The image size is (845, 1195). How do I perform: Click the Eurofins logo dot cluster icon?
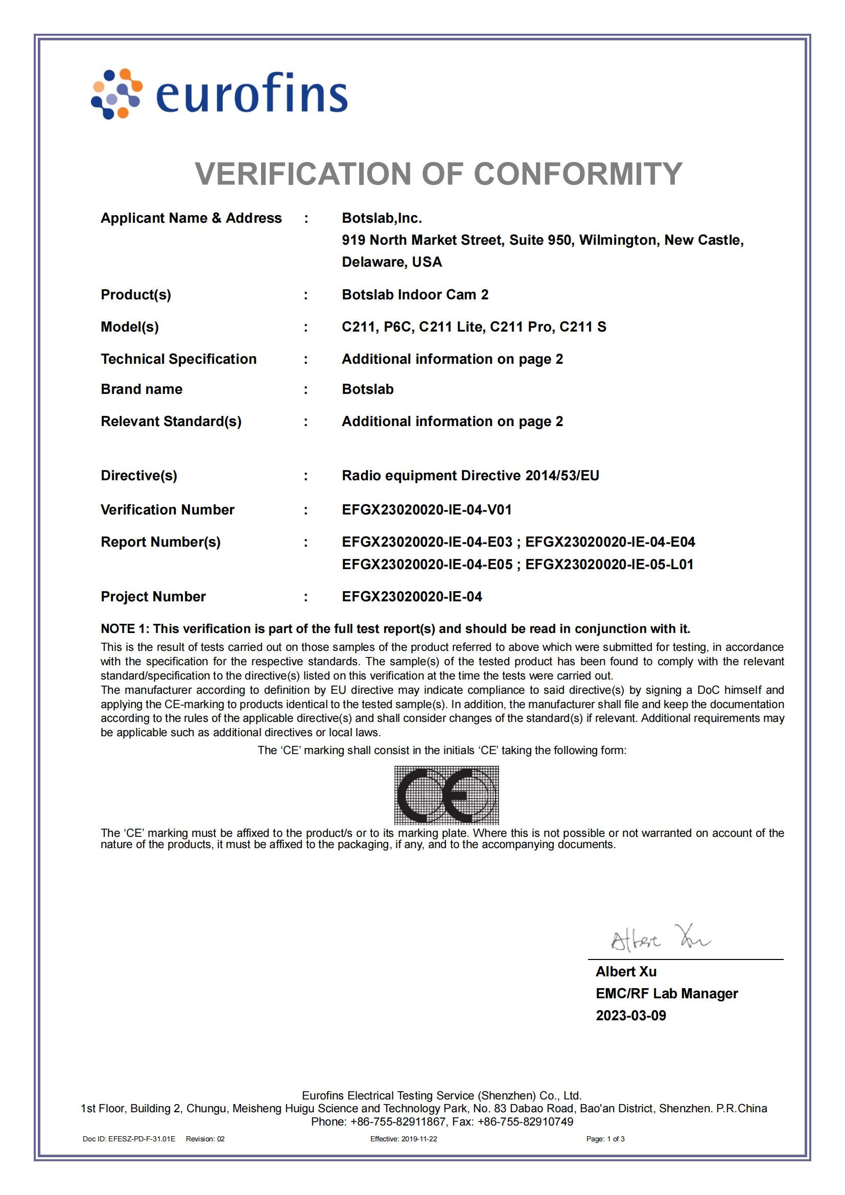click(116, 94)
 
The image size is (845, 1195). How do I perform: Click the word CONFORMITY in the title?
click(578, 173)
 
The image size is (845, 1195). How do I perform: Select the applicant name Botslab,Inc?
click(382, 218)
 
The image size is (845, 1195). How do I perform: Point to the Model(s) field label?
click(130, 327)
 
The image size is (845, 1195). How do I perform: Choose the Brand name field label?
click(142, 389)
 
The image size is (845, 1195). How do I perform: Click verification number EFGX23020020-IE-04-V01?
click(427, 509)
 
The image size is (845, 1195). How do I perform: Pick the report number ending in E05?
click(427, 564)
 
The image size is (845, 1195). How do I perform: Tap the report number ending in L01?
click(609, 564)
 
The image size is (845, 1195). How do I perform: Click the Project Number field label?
click(153, 596)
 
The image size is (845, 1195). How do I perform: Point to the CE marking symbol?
click(446, 795)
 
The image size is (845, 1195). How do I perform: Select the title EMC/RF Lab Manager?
click(667, 994)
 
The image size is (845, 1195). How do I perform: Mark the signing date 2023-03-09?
click(630, 1016)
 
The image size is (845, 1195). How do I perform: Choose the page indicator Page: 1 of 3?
click(605, 1139)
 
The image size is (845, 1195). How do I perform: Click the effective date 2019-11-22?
click(419, 1139)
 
